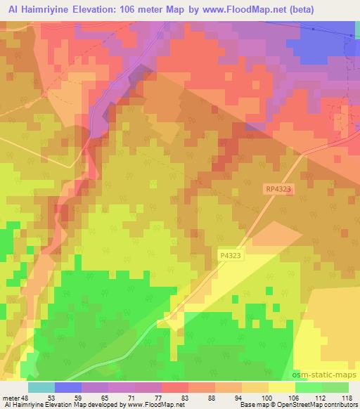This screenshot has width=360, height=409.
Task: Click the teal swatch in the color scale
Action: pos(41,387)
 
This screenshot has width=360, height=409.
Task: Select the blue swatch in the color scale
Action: pos(68,387)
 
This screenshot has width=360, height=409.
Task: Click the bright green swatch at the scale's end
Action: pos(335,387)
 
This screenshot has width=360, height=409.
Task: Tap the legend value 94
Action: pos(238,397)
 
